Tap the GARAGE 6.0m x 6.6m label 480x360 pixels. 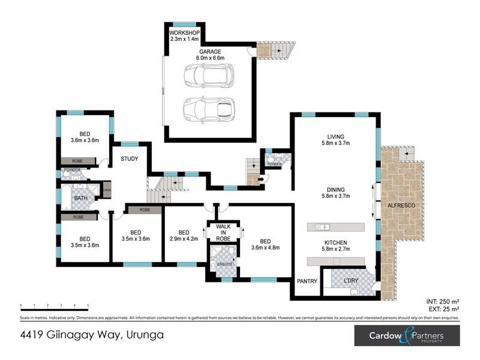[x=212, y=55]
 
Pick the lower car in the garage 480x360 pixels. [x=204, y=109]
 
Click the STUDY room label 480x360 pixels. [x=130, y=159]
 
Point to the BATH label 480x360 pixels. [x=81, y=198]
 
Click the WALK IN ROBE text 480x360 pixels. [x=223, y=233]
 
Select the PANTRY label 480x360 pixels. [x=307, y=280]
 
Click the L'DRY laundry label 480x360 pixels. [x=350, y=280]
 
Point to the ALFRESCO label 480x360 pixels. [x=402, y=206]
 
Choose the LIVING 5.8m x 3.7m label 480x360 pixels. [x=335, y=139]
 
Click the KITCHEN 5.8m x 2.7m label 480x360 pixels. [x=335, y=246]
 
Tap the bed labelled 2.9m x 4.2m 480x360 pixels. [x=184, y=236]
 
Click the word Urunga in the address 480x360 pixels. [x=143, y=335]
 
